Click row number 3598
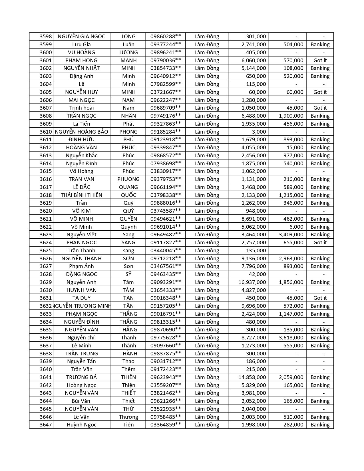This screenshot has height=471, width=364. pyautogui.click(x=46, y=37)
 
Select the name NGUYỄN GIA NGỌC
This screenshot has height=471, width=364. pyautogui.click(x=81, y=37)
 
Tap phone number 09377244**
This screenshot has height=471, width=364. pyautogui.click(x=166, y=45)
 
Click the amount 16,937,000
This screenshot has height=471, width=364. pyautogui.click(x=252, y=282)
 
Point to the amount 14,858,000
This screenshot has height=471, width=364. pyautogui.click(x=252, y=377)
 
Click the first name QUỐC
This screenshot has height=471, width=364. pyautogui.click(x=128, y=195)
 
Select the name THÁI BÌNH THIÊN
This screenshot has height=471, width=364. pyautogui.click(x=81, y=195)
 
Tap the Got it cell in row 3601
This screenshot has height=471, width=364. pyautogui.click(x=320, y=60)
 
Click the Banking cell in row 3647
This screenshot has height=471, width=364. pyautogui.click(x=320, y=425)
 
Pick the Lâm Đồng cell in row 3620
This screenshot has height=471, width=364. pyautogui.click(x=207, y=211)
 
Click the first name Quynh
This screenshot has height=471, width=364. pyautogui.click(x=128, y=227)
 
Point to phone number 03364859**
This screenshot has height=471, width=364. pyautogui.click(x=166, y=425)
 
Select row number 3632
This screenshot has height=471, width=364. pyautogui.click(x=46, y=306)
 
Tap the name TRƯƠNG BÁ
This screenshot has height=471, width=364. pyautogui.click(x=81, y=377)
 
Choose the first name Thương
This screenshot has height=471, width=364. pyautogui.click(x=128, y=417)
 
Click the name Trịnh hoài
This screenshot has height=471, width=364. pyautogui.click(x=81, y=108)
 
